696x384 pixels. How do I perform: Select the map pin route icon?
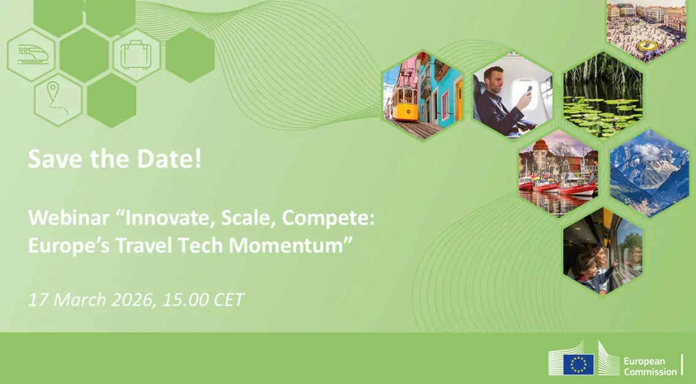[57, 100]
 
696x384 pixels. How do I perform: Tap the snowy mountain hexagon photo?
[649, 172]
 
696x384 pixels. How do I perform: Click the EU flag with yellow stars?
[579, 364]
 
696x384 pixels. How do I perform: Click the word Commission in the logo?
[649, 372]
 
